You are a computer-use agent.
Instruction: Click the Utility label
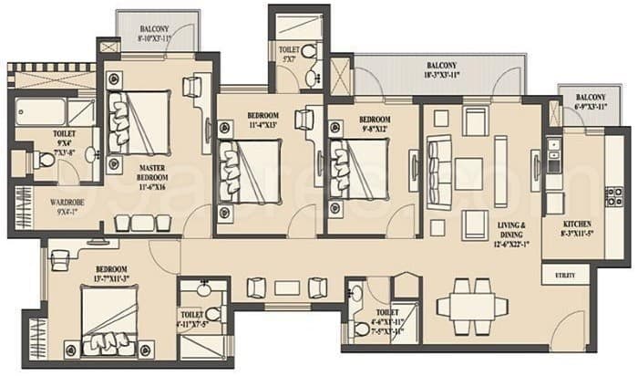coord(565,274)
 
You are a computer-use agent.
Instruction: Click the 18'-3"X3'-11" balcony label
coord(440,72)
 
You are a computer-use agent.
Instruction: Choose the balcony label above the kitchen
coord(589,103)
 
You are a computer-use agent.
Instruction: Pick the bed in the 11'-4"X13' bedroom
coord(241,171)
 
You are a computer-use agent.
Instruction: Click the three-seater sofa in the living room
coord(437,165)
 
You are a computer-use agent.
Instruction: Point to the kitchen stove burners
coord(613,196)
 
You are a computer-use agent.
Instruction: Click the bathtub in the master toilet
coord(42,112)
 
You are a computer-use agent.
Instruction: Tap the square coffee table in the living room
coord(468,173)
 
